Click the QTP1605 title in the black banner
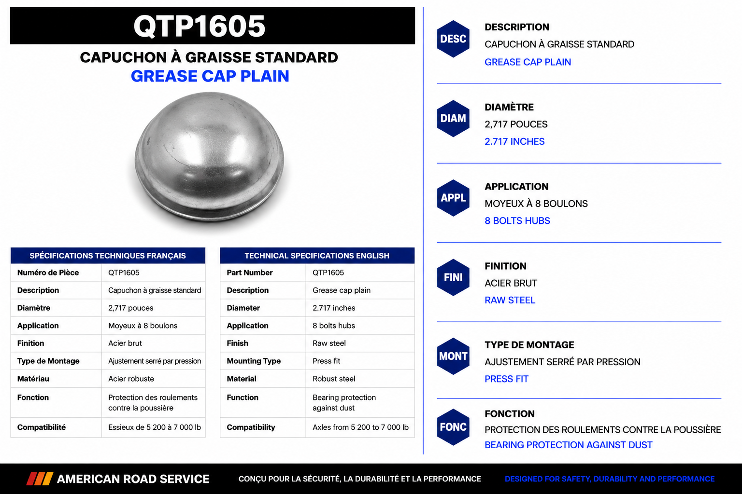coord(199,26)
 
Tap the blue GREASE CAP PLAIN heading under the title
coord(210,76)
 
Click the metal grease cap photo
coord(209,157)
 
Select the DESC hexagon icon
coord(453,39)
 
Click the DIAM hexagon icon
coord(453,119)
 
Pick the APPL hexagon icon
coord(453,198)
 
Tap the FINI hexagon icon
coord(453,277)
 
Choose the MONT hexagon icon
coord(453,357)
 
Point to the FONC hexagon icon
coord(453,427)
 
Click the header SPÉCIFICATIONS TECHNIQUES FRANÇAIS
coord(108,255)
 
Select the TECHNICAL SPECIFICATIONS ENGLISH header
coord(317,255)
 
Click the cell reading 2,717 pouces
coord(131,308)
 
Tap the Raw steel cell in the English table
coord(329,343)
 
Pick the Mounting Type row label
coord(254,361)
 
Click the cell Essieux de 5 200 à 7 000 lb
coord(155,427)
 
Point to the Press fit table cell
coord(326,361)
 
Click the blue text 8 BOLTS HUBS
coord(517,220)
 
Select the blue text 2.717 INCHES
coord(514,142)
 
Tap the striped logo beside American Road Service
coord(40,479)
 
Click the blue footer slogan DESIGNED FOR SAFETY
coord(610,479)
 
